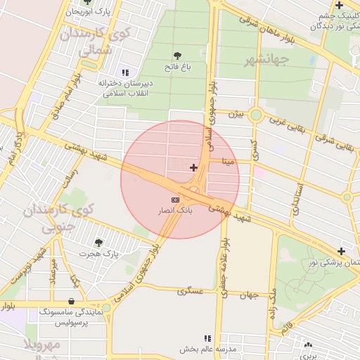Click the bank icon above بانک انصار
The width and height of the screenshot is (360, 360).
click(x=175, y=200)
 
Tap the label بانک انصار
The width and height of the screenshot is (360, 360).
click(x=175, y=210)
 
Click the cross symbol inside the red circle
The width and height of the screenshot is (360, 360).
click(x=193, y=167)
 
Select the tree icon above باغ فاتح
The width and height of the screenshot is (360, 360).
click(x=176, y=56)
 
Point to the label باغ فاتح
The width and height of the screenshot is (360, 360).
click(x=176, y=67)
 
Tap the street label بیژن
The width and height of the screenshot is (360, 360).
click(x=240, y=112)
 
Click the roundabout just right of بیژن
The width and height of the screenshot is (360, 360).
click(x=256, y=115)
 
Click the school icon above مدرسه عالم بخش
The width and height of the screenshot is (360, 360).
click(x=207, y=338)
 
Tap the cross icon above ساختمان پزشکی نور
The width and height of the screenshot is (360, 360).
click(x=341, y=251)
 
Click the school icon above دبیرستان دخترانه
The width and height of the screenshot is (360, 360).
click(x=126, y=72)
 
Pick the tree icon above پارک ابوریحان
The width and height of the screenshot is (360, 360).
click(x=86, y=2)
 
